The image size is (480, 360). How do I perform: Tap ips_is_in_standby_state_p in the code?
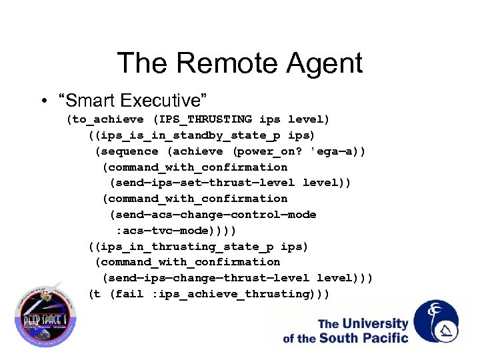pos(187,135)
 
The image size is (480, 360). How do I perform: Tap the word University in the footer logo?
pos(375,325)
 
